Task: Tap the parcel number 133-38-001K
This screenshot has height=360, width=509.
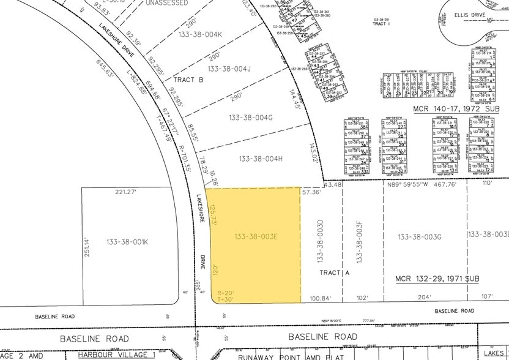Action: coord(127,242)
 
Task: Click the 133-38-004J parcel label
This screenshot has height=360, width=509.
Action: coord(229,69)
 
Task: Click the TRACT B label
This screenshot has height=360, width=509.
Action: coord(188,80)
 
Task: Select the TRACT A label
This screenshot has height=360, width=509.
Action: coord(334,273)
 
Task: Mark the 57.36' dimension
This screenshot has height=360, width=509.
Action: coord(311,192)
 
